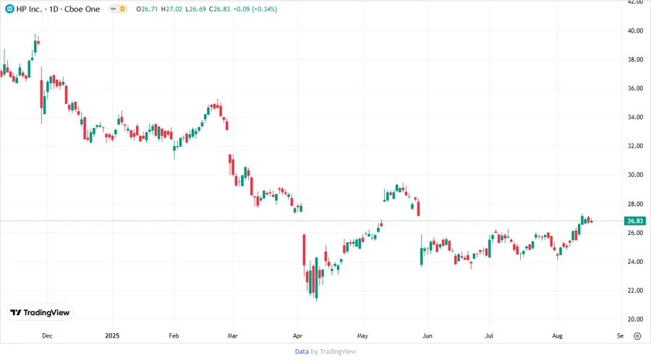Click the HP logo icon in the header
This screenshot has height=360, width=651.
[9, 9]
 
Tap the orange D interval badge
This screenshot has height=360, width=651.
[122, 9]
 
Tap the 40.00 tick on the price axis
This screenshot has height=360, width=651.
[635, 31]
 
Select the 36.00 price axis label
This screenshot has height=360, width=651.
[635, 88]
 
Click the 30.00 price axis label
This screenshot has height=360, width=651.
[635, 175]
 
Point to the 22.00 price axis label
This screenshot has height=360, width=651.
[635, 291]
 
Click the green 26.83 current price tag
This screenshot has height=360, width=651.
[635, 221]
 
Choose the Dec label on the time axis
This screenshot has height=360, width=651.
[47, 336]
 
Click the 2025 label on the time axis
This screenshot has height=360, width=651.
[112, 336]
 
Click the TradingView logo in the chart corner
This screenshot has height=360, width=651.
[41, 312]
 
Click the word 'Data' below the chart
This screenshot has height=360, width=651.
[302, 351]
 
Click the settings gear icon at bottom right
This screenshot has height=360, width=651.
[637, 336]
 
